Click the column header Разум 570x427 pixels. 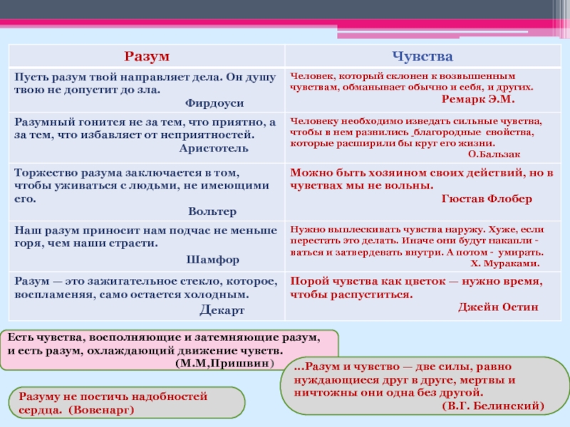tap(146, 56)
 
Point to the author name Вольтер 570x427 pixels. tap(212, 211)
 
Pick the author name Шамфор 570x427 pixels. tap(212, 259)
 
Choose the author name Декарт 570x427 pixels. tap(222, 310)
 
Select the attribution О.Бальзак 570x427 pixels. tap(494, 154)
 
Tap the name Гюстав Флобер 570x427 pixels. tap(487, 199)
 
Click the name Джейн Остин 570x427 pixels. tap(497, 307)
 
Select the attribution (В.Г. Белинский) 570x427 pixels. tap(493, 406)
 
